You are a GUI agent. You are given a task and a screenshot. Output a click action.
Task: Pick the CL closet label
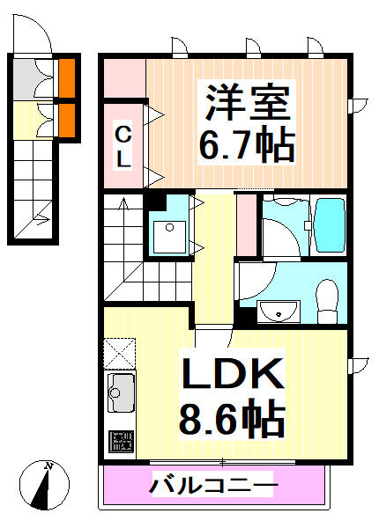124,146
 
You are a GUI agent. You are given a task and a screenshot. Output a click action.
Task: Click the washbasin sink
280,310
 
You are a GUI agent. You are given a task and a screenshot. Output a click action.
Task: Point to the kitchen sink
121,392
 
